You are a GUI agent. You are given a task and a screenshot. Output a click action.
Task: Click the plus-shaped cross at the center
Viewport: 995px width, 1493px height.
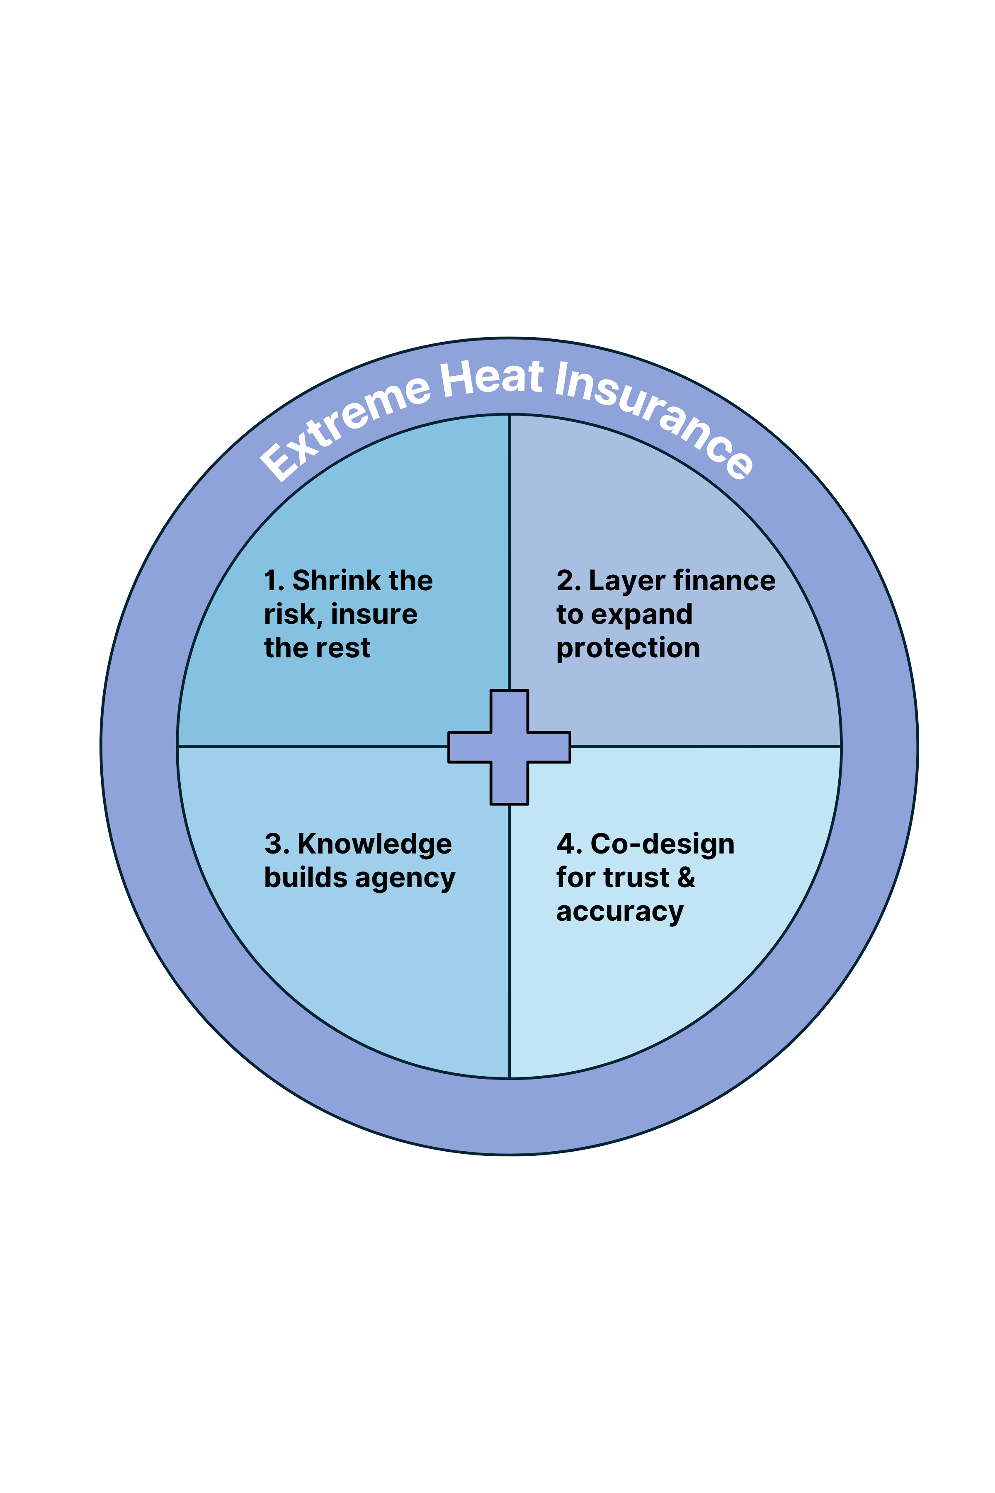509,747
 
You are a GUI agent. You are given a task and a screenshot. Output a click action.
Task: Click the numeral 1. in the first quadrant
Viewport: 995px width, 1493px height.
274,581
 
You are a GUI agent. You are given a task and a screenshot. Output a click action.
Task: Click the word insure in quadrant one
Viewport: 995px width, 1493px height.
374,615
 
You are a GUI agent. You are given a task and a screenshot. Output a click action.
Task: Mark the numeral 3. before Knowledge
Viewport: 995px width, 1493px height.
277,844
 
